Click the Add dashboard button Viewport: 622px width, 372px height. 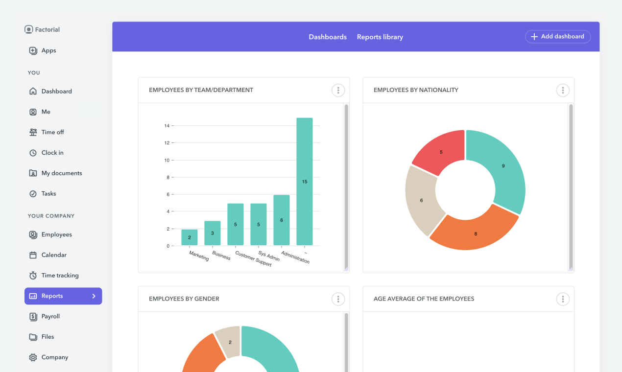tap(558, 37)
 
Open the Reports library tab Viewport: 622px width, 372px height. tap(380, 37)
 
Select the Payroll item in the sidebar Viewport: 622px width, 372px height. tap(50, 316)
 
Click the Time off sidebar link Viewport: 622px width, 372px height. tap(52, 132)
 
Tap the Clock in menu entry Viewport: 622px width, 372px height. tap(52, 153)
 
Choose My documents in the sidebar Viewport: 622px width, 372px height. tap(61, 173)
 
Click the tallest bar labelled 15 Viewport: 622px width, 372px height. tap(305, 181)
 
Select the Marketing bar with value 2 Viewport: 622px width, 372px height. tap(190, 237)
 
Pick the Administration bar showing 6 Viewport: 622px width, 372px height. tap(282, 220)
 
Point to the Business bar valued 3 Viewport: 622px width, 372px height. tap(213, 233)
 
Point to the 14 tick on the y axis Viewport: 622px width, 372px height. tap(167, 126)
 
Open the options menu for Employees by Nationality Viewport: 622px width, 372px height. tap(563, 90)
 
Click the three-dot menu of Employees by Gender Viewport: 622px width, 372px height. tap(338, 299)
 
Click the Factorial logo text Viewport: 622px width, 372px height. tap(47, 29)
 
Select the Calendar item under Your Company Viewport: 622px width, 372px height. tap(54, 255)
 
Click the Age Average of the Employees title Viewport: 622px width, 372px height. tap(424, 299)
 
